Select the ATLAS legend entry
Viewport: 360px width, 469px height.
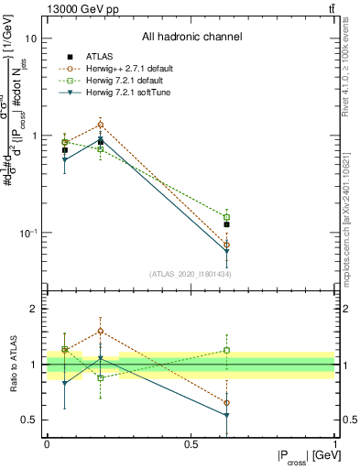coord(101,57)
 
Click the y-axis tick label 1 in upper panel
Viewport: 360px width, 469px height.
coord(35,136)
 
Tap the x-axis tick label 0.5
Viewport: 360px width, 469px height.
coord(191,444)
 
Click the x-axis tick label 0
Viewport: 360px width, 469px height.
coord(47,444)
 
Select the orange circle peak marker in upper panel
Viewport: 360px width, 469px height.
coord(101,125)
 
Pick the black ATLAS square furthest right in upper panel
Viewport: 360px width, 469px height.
coord(226,224)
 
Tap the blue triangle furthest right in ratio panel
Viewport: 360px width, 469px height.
coord(226,415)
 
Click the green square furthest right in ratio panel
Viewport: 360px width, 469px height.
coord(226,350)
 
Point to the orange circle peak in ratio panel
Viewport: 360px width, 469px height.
coord(101,331)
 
